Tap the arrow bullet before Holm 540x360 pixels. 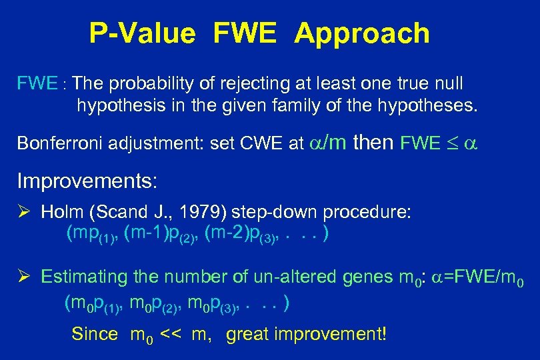click(x=24, y=213)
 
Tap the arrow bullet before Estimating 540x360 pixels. click(x=24, y=277)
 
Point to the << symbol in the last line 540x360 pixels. click(x=172, y=333)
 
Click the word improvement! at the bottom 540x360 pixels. click(x=339, y=333)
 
